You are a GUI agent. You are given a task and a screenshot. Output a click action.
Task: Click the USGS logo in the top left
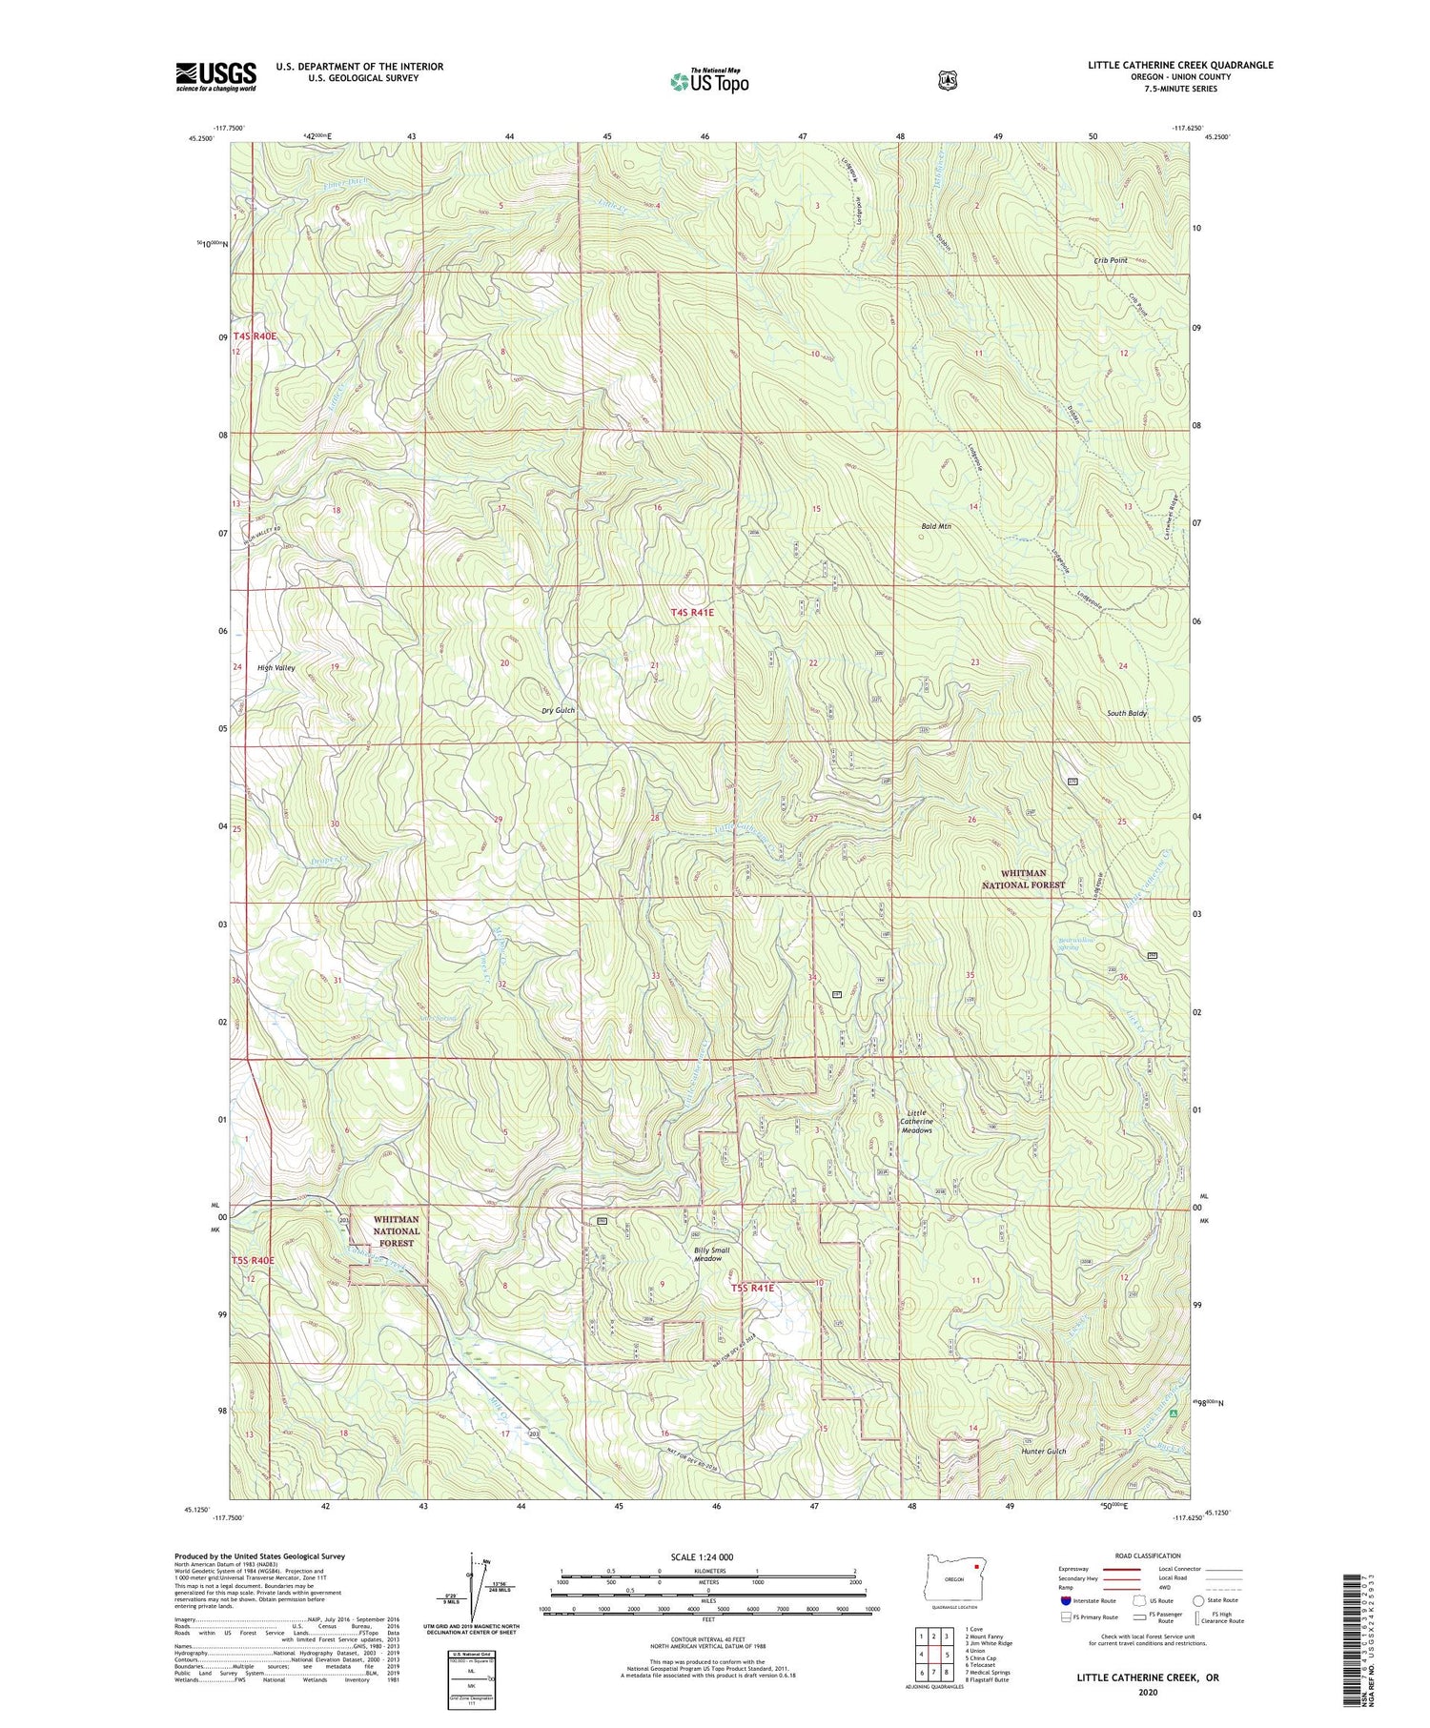click(215, 76)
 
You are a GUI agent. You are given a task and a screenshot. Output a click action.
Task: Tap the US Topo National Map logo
click(709, 80)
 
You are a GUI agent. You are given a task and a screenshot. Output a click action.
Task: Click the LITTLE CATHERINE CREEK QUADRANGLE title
click(1180, 65)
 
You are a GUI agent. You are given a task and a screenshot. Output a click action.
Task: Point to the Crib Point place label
click(1111, 260)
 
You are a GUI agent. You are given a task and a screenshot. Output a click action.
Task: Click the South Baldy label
click(1126, 713)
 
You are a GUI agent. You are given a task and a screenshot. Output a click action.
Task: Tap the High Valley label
click(276, 668)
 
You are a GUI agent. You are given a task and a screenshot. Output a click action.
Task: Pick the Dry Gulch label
click(558, 711)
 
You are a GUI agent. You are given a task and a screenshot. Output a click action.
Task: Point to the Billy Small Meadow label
click(712, 1254)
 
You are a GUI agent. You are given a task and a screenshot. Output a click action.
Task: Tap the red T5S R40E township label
click(253, 1260)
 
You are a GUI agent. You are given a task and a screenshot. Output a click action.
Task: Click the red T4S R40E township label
click(254, 336)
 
